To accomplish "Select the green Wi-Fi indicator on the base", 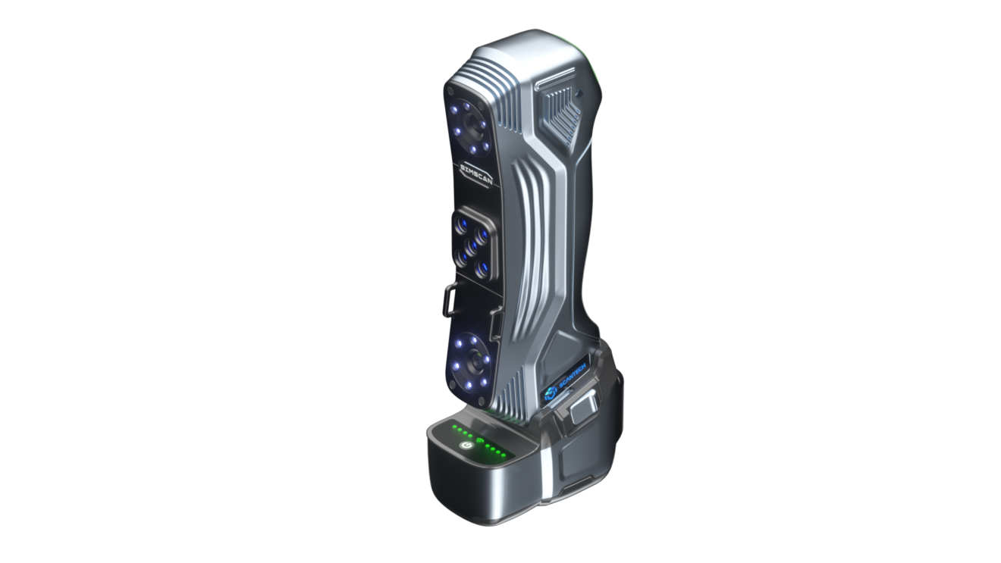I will click(480, 440).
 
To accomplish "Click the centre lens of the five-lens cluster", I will click(471, 244).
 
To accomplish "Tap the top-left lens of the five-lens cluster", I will click(461, 225).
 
